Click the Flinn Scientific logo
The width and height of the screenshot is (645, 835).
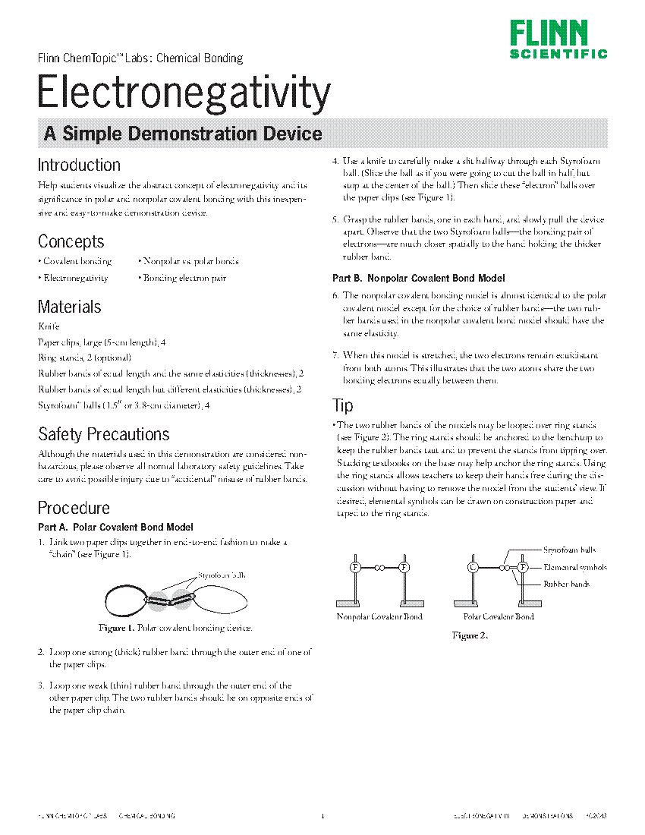pos(558,39)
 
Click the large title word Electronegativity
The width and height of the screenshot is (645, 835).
pos(184,93)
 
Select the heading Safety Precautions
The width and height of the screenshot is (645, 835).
pos(103,434)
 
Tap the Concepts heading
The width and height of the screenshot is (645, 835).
pos(71,241)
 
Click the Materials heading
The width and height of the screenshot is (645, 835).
pos(69,307)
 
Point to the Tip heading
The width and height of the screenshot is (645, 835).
pos(343,405)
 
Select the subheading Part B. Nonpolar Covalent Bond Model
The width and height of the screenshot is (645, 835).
pos(418,279)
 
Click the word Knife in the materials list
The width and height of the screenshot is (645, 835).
pos(48,326)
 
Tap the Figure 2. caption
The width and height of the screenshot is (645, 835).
pos(470,635)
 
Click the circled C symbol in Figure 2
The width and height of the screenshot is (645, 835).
pos(473,567)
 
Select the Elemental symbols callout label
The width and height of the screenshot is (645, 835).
pos(574,567)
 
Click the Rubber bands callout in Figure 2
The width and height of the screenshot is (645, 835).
pos(566,584)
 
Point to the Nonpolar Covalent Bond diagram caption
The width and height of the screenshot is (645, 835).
pos(379,616)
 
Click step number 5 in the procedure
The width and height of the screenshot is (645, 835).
pos(335,219)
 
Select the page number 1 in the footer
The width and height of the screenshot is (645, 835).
pos(322,816)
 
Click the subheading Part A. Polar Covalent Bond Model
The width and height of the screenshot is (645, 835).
pos(115,527)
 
